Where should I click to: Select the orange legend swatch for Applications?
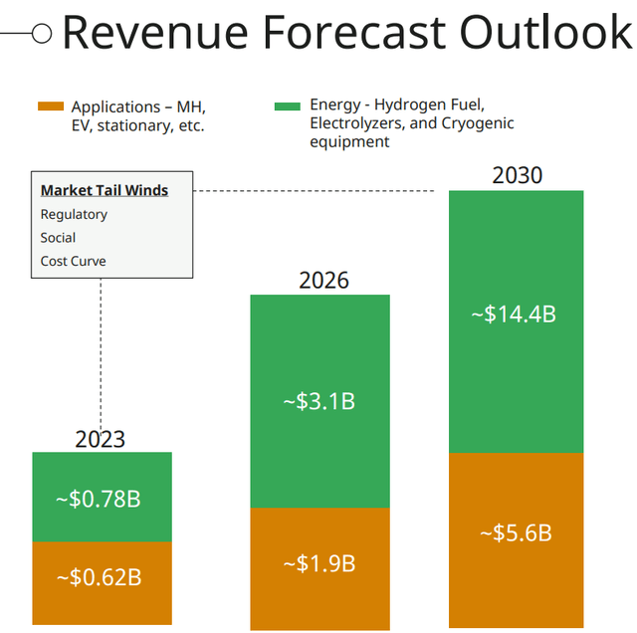click(50, 106)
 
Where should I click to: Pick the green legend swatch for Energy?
click(288, 105)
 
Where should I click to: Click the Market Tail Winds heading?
click(104, 190)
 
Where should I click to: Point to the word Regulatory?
click(74, 214)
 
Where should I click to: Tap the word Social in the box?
click(58, 238)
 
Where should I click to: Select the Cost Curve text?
click(73, 261)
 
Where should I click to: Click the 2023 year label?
click(100, 439)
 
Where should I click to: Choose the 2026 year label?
click(323, 280)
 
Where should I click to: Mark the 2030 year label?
click(517, 176)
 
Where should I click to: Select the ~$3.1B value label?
click(318, 402)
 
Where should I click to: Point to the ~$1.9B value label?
click(318, 563)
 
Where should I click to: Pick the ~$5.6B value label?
click(515, 532)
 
